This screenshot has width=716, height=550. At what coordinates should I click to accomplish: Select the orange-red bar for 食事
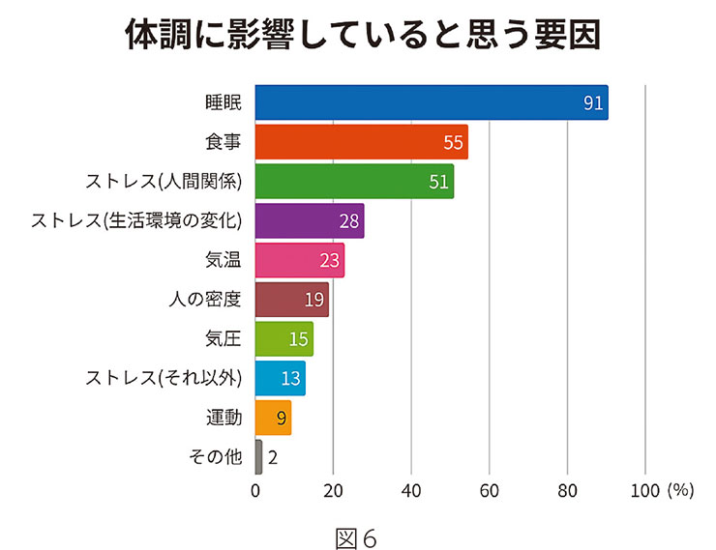click(x=362, y=142)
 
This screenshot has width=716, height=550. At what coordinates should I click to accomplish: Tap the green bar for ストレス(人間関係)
click(x=354, y=182)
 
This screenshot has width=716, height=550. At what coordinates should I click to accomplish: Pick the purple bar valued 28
click(x=310, y=221)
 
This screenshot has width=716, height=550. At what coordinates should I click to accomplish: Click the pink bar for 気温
click(x=300, y=261)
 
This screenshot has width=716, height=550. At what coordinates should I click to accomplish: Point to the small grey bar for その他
click(x=258, y=457)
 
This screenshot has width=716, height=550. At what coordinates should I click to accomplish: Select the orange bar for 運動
click(x=273, y=418)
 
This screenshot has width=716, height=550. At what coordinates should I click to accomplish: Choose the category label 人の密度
click(x=204, y=300)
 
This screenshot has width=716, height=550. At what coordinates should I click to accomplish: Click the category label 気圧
click(x=223, y=339)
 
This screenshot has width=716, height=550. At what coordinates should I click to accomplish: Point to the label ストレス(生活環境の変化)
click(x=135, y=221)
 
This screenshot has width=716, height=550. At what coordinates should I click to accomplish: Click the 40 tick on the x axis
click(x=411, y=491)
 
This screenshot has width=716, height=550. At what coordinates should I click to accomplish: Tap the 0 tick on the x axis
click(x=255, y=491)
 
